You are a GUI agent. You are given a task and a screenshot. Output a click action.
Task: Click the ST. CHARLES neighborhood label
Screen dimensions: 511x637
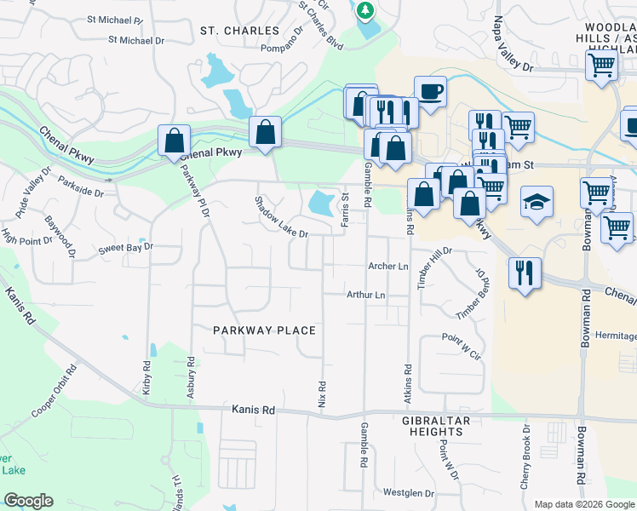click(239, 31)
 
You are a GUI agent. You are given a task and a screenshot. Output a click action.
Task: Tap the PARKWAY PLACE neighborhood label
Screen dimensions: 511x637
click(264, 330)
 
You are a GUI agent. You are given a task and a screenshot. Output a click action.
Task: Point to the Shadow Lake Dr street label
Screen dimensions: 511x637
click(282, 219)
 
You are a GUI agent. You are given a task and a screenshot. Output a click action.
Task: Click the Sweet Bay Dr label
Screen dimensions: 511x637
click(124, 248)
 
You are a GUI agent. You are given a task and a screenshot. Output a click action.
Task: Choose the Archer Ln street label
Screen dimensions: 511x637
click(388, 267)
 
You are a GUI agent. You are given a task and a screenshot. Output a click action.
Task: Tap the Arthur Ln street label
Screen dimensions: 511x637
click(366, 296)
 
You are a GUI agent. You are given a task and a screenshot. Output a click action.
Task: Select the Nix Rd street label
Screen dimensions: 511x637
click(323, 393)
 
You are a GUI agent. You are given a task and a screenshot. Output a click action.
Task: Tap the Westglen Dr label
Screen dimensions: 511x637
click(409, 493)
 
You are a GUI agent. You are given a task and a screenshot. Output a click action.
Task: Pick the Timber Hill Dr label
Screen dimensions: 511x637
click(433, 268)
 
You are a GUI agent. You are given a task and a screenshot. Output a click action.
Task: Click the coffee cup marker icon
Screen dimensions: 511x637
click(430, 89)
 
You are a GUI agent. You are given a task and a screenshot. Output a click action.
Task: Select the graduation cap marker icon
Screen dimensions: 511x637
click(537, 202)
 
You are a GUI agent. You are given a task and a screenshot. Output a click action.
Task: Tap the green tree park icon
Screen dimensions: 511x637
click(365, 10)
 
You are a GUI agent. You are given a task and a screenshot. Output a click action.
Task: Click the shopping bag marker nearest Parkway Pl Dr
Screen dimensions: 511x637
click(174, 140)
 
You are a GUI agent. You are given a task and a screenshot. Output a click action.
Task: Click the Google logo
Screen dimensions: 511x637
click(28, 501)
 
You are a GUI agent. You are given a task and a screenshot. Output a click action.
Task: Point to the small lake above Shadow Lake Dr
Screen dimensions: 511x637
click(320, 203)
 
